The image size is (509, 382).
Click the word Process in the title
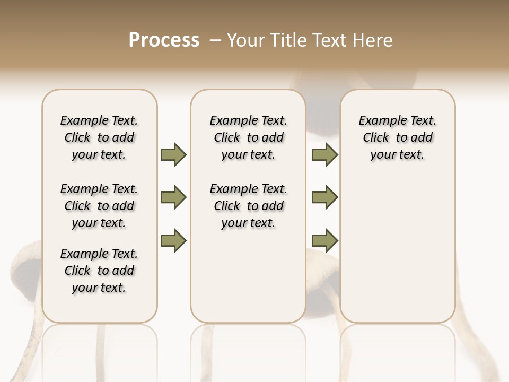point(164,40)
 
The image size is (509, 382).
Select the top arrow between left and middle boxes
point(173,154)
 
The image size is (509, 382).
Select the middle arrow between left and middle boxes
point(173,197)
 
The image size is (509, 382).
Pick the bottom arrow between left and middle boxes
point(173,241)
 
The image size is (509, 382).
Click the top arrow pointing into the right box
point(324,154)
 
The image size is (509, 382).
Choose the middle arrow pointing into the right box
point(324,197)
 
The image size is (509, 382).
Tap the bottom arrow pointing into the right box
point(324,241)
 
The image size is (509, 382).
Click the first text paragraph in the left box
point(99,137)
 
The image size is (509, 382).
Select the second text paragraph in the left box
point(99,206)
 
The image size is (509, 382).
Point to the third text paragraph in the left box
point(99,271)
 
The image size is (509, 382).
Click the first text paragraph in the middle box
point(248,137)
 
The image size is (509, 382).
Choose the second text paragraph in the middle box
point(248,206)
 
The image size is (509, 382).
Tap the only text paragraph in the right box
point(397,137)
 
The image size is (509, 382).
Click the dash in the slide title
point(215,40)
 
